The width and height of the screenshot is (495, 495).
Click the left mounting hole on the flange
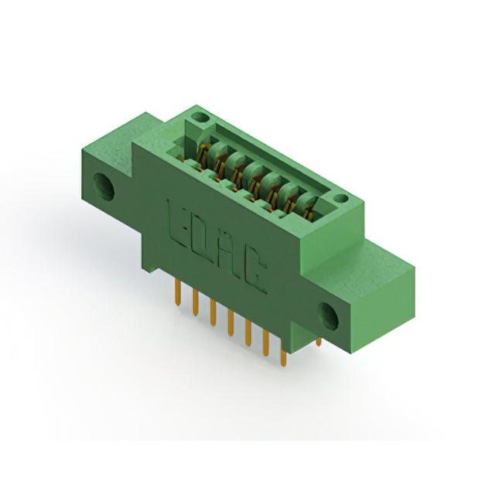[x=104, y=187]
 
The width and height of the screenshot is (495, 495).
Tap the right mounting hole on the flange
[x=328, y=316]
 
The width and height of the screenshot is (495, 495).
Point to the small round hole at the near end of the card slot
[x=341, y=199]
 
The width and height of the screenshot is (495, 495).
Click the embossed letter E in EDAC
[x=179, y=224]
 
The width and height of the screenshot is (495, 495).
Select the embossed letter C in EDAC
[x=254, y=271]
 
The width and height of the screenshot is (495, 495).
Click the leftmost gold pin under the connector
[x=178, y=292]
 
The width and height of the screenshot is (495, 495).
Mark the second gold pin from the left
[x=196, y=302]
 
